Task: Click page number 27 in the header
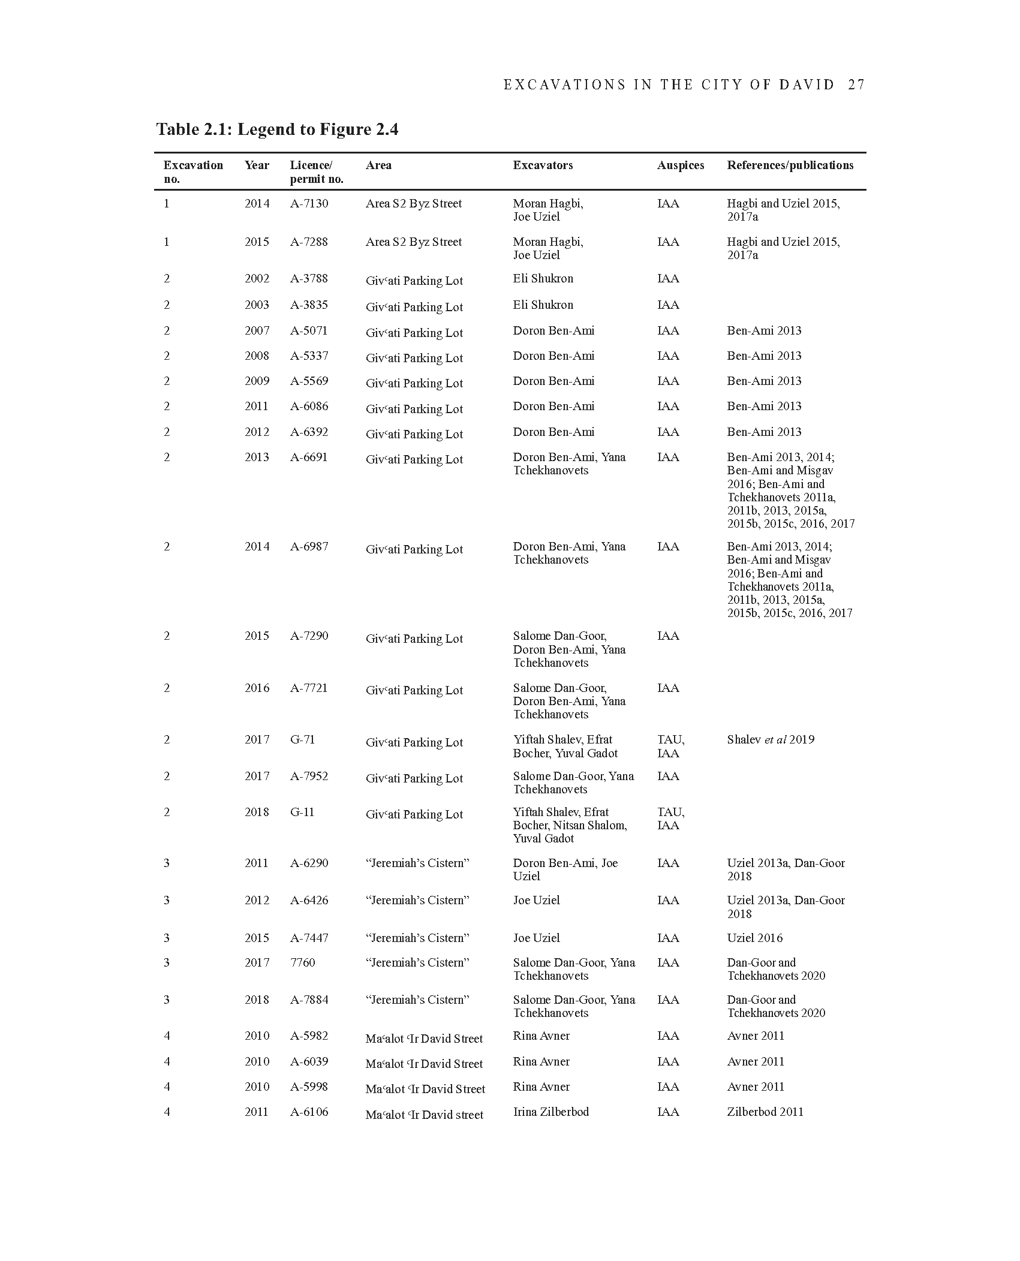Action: pyautogui.click(x=856, y=85)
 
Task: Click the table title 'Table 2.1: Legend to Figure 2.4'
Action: pyautogui.click(x=277, y=130)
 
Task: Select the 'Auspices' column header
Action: pyautogui.click(x=680, y=165)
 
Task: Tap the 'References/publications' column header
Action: pyautogui.click(x=790, y=165)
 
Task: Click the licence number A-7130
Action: pyautogui.click(x=309, y=204)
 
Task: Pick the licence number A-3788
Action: pyautogui.click(x=309, y=279)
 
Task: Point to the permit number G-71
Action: pyautogui.click(x=302, y=740)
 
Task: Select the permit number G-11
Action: pyautogui.click(x=302, y=812)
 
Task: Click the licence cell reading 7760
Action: pyautogui.click(x=302, y=963)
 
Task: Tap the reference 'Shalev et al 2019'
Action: pyautogui.click(x=771, y=740)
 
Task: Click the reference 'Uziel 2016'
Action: pyautogui.click(x=754, y=938)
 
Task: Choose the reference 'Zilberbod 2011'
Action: pyautogui.click(x=765, y=1112)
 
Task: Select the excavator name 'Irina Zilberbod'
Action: pyautogui.click(x=550, y=1112)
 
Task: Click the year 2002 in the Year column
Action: pyautogui.click(x=257, y=279)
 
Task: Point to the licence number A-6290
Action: pyautogui.click(x=309, y=863)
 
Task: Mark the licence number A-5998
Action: pyautogui.click(x=309, y=1087)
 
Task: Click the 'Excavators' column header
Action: pyautogui.click(x=543, y=165)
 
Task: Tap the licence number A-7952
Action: pyautogui.click(x=309, y=777)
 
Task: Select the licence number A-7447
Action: pyautogui.click(x=309, y=938)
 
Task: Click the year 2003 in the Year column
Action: pyautogui.click(x=257, y=305)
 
